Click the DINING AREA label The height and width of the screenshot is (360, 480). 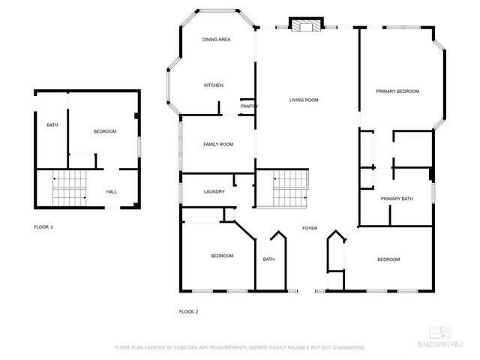(217, 39)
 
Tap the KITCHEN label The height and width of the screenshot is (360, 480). (214, 85)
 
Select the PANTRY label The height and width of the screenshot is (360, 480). (249, 106)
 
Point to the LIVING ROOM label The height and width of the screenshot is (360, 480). (304, 100)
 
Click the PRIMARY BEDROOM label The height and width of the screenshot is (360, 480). (397, 91)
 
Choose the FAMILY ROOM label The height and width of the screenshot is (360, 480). (218, 144)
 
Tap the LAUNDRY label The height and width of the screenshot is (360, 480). (214, 192)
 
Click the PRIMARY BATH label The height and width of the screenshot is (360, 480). (397, 199)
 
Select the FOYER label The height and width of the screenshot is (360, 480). (310, 228)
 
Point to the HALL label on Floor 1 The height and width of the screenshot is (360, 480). (111, 192)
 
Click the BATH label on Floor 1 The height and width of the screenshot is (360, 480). (52, 125)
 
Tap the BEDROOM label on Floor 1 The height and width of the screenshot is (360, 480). (105, 132)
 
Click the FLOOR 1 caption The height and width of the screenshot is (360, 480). (43, 226)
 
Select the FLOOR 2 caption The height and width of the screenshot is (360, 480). (188, 311)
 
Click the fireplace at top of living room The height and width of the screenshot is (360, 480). (305, 25)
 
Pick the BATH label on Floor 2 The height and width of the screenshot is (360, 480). (268, 259)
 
